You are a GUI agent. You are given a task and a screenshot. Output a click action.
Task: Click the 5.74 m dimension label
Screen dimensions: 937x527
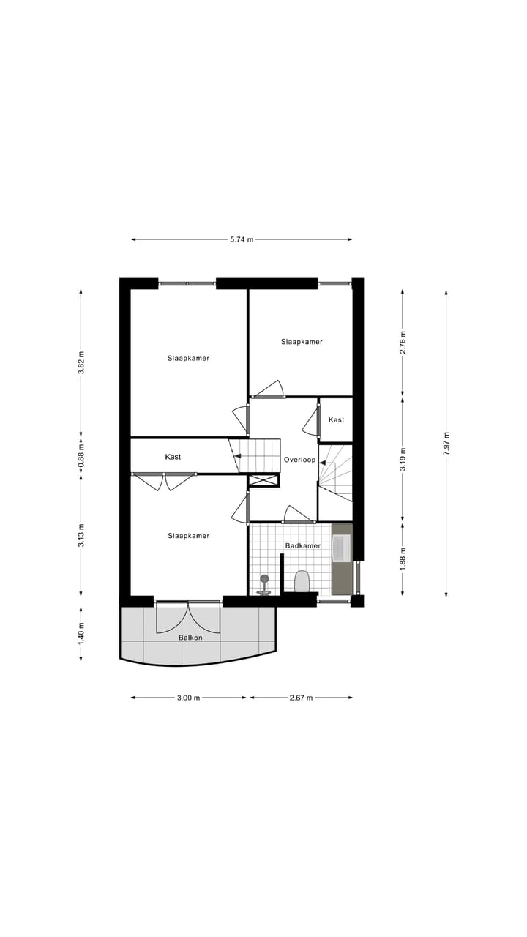tap(242, 239)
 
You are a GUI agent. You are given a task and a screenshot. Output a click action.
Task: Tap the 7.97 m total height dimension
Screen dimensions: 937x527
tap(446, 444)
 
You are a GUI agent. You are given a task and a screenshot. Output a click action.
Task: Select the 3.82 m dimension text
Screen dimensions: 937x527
tap(81, 362)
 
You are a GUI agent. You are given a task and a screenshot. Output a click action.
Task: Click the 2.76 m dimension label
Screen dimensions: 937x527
tap(403, 342)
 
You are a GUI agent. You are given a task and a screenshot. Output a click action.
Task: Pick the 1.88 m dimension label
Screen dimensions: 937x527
tap(403, 559)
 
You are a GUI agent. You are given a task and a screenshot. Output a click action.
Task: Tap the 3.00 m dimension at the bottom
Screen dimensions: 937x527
tap(188, 698)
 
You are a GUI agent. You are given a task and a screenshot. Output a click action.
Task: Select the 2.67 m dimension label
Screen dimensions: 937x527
tap(300, 698)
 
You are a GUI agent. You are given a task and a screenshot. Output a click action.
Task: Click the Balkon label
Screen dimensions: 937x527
tap(190, 638)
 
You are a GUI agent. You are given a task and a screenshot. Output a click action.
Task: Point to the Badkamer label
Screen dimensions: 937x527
tap(303, 546)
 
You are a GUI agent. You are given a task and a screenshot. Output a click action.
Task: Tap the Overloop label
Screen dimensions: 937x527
tap(299, 460)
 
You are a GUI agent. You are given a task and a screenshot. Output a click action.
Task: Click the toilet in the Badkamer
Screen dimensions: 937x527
tap(302, 581)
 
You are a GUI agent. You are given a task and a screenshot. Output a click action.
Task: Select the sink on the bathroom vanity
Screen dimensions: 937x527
tap(341, 548)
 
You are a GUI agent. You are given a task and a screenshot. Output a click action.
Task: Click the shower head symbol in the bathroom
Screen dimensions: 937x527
tap(264, 580)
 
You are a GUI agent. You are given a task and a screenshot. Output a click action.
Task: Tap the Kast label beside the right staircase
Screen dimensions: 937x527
tap(336, 419)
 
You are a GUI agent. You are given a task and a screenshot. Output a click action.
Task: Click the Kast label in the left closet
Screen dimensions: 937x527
tap(173, 457)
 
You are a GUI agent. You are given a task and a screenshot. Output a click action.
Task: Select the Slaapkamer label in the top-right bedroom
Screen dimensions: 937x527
tap(302, 342)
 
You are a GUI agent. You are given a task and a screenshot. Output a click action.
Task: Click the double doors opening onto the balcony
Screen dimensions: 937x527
tap(189, 616)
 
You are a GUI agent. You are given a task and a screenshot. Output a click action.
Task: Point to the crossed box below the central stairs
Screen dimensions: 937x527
tap(264, 481)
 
